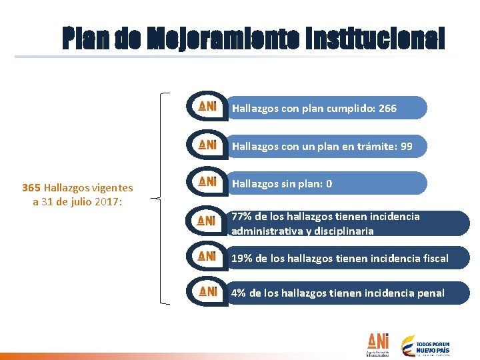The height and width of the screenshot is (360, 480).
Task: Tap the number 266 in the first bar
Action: point(387,108)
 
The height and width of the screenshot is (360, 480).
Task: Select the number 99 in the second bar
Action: point(405,146)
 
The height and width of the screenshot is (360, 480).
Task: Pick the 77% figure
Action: point(242,217)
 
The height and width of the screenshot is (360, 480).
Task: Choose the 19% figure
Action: point(242,258)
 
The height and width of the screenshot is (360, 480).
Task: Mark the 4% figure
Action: point(239,293)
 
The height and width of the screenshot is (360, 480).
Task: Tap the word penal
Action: point(431,293)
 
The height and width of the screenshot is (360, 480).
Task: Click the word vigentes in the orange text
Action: point(111,189)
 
